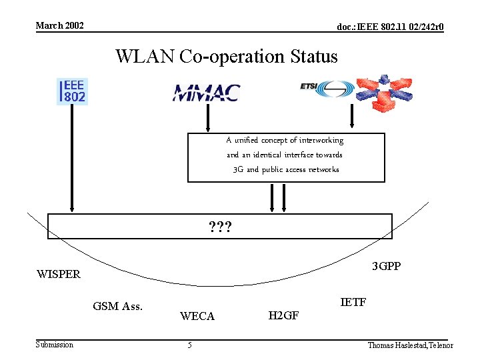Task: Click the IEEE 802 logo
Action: pos(73,91)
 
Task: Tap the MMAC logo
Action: pos(206,92)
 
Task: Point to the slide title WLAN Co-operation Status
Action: pos(227,57)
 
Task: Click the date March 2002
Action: pos(60,25)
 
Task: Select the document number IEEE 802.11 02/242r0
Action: pos(391,27)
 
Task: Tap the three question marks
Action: pos(220,227)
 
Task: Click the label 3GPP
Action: pos(387,267)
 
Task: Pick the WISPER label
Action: pos(59,274)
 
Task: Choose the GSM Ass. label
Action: pos(118,307)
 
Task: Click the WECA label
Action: pos(197,316)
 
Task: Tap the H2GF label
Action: pos(283,315)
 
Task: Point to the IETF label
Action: pos(353,303)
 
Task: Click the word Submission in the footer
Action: pos(55,344)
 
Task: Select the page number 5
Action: pos(190,345)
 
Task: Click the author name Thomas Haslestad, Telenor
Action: pos(410,345)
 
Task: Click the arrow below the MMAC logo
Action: pos(208,119)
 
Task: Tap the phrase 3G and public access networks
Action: pos(286,169)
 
